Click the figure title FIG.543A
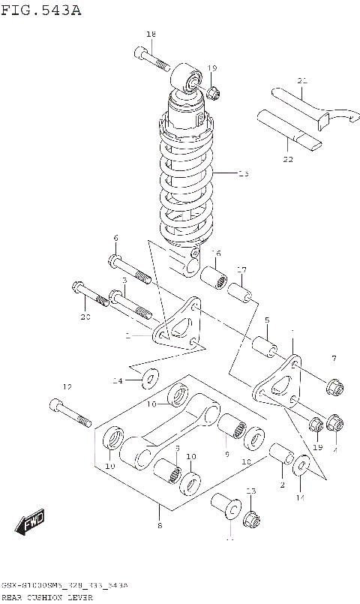42,10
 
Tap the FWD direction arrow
31,524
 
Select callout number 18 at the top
151,35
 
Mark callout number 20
85,317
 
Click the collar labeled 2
282,455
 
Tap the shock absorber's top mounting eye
191,79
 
